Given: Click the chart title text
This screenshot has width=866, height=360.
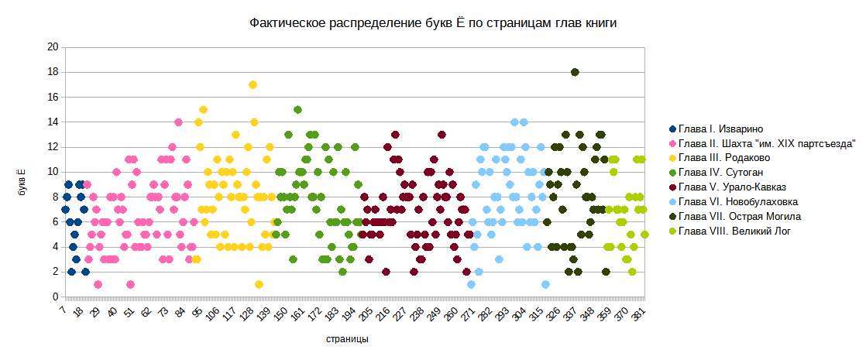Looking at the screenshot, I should point(433,24).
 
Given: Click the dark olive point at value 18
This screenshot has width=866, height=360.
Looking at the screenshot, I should point(575,72).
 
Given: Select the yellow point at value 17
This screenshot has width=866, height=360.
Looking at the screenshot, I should point(253,84).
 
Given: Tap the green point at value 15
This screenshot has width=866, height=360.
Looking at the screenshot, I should point(297,109).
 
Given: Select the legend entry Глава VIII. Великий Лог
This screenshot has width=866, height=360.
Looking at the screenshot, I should point(734,231).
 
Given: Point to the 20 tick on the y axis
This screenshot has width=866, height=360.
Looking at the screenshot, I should point(53,47).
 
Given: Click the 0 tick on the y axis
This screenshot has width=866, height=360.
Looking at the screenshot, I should point(55,297).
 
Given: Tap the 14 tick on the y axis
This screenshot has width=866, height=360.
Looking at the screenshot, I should point(53,122).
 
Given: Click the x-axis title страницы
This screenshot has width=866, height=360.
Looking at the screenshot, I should point(346,339).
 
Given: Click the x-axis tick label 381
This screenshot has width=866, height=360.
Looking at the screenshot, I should point(637,316).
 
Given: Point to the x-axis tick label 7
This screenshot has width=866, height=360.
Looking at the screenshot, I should point(63,310).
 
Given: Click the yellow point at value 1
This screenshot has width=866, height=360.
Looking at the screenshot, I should point(259,284).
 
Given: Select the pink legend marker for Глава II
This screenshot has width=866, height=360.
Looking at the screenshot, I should point(672,143).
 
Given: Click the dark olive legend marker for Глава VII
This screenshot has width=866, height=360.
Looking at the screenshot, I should point(672,216).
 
